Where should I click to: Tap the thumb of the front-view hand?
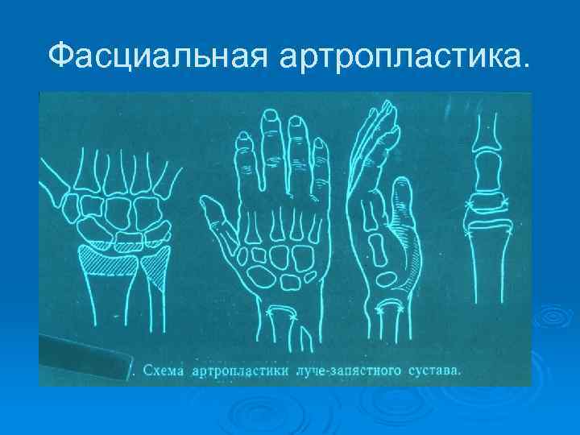click(213, 214)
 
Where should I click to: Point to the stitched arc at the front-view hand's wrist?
click(283, 313)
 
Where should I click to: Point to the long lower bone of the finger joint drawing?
click(487, 266)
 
